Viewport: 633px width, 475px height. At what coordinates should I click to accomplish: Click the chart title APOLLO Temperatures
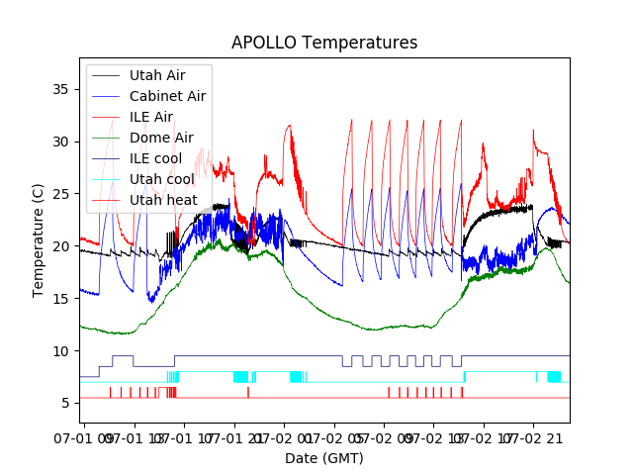(x=324, y=43)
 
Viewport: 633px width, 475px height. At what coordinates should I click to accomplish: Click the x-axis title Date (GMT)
(x=324, y=458)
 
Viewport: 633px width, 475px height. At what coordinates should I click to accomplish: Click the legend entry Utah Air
(x=156, y=75)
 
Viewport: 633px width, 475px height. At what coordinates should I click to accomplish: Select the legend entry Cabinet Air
(x=167, y=96)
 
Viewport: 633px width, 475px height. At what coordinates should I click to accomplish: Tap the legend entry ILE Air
(x=150, y=117)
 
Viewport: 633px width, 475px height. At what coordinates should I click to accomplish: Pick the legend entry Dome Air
(x=161, y=138)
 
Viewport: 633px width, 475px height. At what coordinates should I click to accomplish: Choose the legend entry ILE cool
(x=154, y=158)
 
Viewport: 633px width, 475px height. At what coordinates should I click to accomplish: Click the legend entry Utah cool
(x=161, y=179)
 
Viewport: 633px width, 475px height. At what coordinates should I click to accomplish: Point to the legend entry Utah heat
(x=161, y=200)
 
